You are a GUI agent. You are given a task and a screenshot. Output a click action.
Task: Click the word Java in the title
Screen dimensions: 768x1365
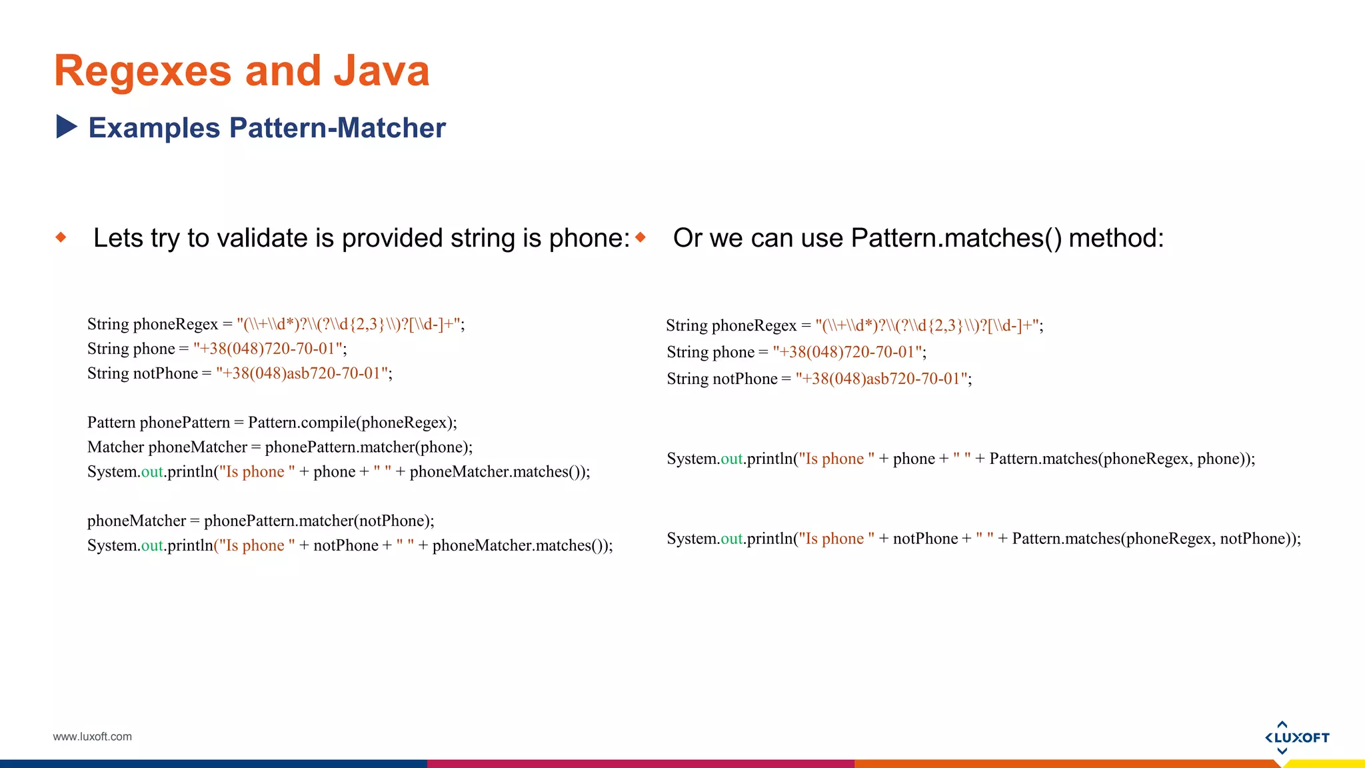pyautogui.click(x=381, y=71)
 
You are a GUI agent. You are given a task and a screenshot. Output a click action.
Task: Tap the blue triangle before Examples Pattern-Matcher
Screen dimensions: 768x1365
pyautogui.click(x=67, y=127)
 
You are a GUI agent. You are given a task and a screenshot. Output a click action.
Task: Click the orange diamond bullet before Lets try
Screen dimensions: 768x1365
pyautogui.click(x=61, y=237)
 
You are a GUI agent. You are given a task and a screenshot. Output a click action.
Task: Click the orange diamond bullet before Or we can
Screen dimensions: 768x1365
pyautogui.click(x=641, y=237)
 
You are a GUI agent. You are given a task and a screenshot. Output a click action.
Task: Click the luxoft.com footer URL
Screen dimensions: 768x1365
pyautogui.click(x=93, y=737)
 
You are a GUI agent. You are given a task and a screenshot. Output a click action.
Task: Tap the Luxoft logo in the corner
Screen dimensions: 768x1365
pyautogui.click(x=1296, y=737)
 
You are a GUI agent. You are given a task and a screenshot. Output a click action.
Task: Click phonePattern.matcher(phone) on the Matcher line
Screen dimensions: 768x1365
pyautogui.click(x=367, y=447)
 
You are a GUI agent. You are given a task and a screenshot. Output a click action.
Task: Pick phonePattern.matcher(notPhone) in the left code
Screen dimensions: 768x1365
pyautogui.click(x=318, y=521)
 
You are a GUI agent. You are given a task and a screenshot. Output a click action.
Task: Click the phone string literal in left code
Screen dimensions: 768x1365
pyautogui.click(x=269, y=349)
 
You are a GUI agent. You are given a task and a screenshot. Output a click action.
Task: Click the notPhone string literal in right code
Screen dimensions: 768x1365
pyautogui.click(x=882, y=379)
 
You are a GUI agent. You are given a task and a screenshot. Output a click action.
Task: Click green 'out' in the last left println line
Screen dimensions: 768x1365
pyautogui.click(x=152, y=545)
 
